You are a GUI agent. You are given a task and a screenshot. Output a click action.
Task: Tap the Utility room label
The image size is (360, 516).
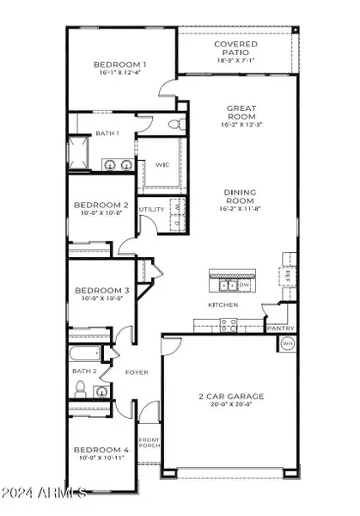coord(151,209)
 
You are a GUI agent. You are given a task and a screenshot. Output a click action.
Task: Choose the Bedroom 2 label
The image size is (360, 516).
coord(101,205)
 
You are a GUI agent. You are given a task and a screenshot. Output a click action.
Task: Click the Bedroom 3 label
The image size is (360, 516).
coord(101,290)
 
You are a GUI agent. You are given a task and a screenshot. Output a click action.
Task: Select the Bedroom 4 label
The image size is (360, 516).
coord(101,449)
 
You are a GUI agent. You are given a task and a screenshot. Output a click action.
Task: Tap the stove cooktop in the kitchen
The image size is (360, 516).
coord(229,325)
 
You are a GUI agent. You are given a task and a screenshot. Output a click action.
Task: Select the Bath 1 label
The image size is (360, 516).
coord(107,132)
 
